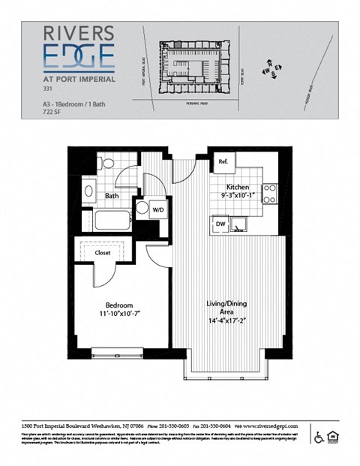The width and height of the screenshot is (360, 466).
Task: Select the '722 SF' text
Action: point(54,111)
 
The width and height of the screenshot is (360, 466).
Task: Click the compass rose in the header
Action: point(271,70)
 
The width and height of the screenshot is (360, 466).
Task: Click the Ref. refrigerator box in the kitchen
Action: point(223,162)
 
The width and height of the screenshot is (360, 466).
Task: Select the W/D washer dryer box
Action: point(159,210)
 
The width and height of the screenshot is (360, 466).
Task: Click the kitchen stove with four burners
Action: point(269,194)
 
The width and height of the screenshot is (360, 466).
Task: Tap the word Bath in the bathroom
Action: point(112,196)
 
